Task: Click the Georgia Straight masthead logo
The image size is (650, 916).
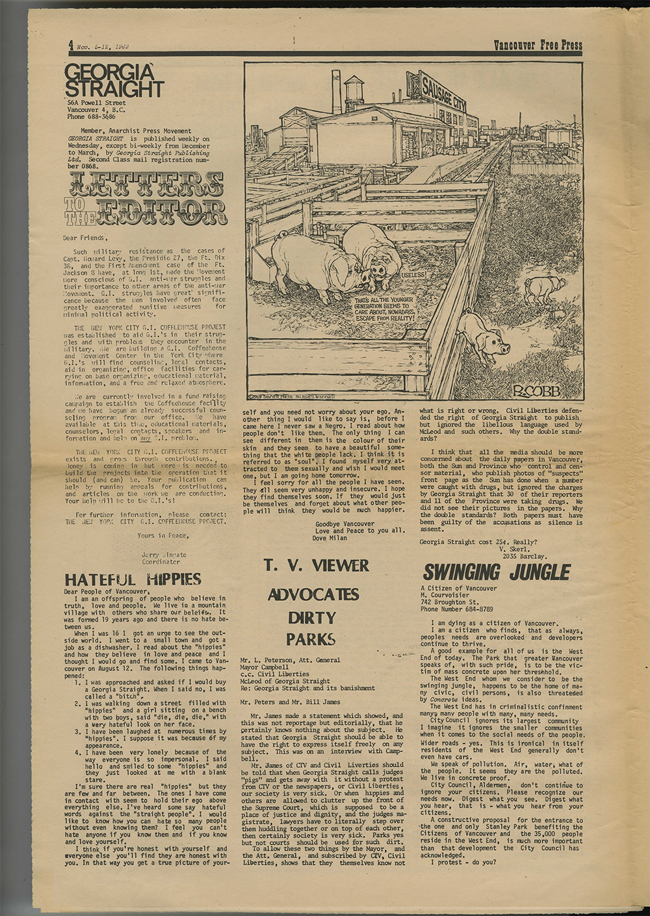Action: [x=114, y=81]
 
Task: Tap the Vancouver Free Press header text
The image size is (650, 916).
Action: [x=538, y=45]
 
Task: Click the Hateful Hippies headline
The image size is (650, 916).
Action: [x=133, y=579]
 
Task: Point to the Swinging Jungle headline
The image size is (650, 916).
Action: [x=497, y=572]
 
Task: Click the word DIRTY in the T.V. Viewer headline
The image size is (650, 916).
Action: [x=312, y=617]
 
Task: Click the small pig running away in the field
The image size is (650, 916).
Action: [x=545, y=288]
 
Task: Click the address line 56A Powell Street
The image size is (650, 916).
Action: [x=96, y=103]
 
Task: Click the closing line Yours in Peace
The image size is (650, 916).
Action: [x=163, y=535]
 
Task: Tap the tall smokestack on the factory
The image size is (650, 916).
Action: [x=336, y=91]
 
